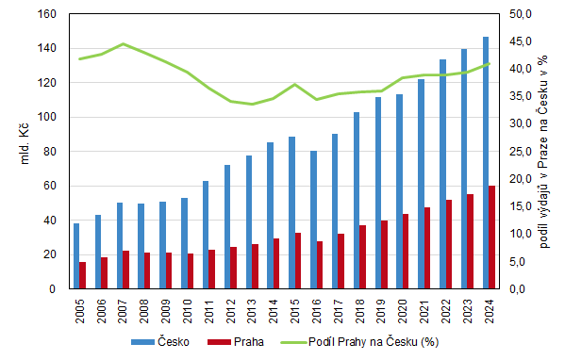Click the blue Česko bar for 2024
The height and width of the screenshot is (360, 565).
pyautogui.click(x=486, y=163)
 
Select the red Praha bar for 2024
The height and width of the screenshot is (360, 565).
pyautogui.click(x=491, y=237)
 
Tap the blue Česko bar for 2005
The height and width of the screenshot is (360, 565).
pyautogui.click(x=76, y=256)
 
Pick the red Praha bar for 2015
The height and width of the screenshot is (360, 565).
pyautogui.click(x=298, y=261)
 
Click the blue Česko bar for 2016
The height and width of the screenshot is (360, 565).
pyautogui.click(x=313, y=220)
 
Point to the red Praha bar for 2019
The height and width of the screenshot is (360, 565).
pyautogui.click(x=384, y=254)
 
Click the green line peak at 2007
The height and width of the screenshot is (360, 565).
pyautogui.click(x=124, y=44)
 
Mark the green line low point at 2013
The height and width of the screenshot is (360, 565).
pyautogui.click(x=252, y=104)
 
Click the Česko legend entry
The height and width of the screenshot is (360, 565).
pyautogui.click(x=160, y=342)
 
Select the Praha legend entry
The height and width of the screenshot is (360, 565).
pyautogui.click(x=236, y=342)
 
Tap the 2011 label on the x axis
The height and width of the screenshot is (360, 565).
pyautogui.click(x=209, y=311)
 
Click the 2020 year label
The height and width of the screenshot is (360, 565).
pyautogui.click(x=403, y=311)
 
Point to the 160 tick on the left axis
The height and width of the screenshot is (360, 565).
pyautogui.click(x=47, y=14)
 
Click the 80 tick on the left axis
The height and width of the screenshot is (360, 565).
pyautogui.click(x=50, y=152)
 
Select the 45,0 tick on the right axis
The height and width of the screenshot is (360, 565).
pyautogui.click(x=521, y=41)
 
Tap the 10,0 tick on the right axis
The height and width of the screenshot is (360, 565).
pyautogui.click(x=521, y=234)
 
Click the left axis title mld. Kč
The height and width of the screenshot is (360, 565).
pyautogui.click(x=25, y=144)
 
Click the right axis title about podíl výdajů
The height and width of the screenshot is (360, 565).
pyautogui.click(x=543, y=151)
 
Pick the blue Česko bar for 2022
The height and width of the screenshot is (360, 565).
pyautogui.click(x=442, y=174)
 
